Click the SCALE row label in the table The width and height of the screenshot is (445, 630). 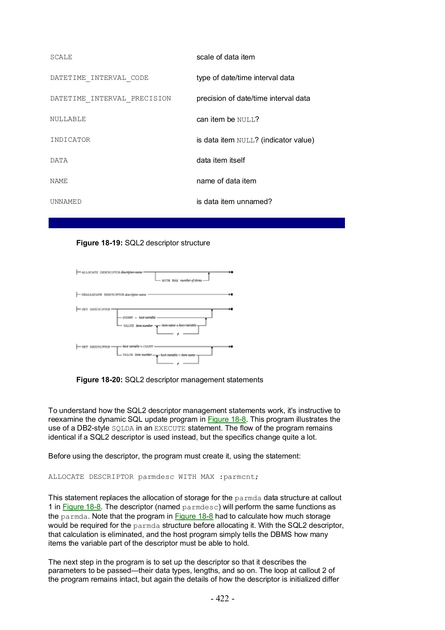[x=61, y=57]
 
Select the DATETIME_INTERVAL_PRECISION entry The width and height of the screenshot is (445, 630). [x=111, y=99]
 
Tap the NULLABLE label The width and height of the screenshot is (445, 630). [x=68, y=119]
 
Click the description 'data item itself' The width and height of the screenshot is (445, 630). [x=220, y=160]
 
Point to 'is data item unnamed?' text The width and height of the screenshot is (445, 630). [x=234, y=202]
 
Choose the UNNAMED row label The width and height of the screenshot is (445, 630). [x=66, y=202]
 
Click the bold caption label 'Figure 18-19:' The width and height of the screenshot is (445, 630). [x=99, y=243]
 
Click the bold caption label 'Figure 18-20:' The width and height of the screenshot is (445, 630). [x=99, y=380]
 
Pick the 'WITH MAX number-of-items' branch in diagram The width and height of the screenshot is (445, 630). [x=182, y=281]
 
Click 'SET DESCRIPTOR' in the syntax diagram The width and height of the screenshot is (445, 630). [x=96, y=309]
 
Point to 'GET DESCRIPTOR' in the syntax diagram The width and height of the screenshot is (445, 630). [x=96, y=347]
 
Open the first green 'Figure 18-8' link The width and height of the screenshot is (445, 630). [x=227, y=419]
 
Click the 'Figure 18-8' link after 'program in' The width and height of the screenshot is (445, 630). [x=194, y=516]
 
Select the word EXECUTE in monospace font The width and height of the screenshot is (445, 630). [x=170, y=428]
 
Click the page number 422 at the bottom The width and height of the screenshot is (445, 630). [x=222, y=598]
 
